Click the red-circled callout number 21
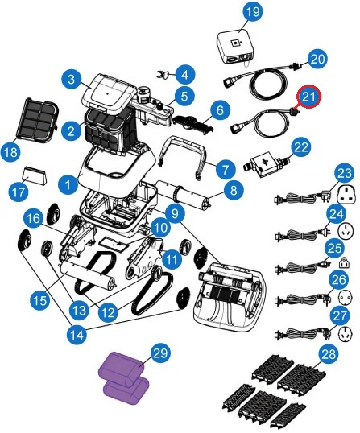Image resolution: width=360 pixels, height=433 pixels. [308, 97]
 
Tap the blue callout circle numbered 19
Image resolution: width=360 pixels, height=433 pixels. [253, 12]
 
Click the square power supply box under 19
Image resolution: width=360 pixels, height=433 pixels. [235, 47]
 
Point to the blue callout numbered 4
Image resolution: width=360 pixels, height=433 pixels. [185, 75]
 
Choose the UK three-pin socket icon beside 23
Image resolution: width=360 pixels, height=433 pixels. [346, 195]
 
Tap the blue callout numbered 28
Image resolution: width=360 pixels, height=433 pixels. [329, 354]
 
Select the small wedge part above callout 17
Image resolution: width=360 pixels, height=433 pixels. [35, 176]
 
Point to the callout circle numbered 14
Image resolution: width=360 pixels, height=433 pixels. [77, 335]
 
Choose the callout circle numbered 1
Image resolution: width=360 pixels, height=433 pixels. [68, 184]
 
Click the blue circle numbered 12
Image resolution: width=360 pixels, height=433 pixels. [108, 312]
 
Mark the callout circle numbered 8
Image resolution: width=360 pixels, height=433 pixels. [234, 190]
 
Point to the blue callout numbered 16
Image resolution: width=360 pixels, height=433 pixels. [34, 219]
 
